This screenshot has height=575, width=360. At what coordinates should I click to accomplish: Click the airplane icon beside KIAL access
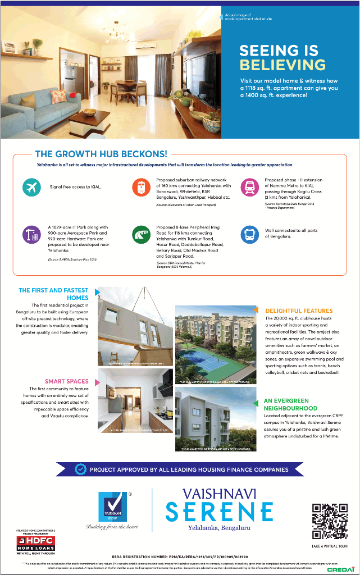coord(31,187)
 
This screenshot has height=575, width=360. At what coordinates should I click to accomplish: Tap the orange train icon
coord(141,187)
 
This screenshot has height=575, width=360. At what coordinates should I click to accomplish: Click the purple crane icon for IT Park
coord(31,234)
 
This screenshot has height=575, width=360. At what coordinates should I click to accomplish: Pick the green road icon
coord(141,234)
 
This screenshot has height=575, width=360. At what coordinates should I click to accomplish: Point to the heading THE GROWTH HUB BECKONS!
coord(101,153)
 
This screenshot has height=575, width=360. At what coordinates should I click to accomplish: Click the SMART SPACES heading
coord(67,381)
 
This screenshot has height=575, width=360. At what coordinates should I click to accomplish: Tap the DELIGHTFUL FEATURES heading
coord(299,311)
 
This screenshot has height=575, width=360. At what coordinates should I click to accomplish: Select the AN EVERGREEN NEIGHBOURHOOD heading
coord(290,405)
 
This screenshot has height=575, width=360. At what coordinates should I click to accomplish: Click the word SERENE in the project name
coord(219,512)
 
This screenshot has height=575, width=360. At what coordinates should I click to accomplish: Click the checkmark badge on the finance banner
coord(81,469)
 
